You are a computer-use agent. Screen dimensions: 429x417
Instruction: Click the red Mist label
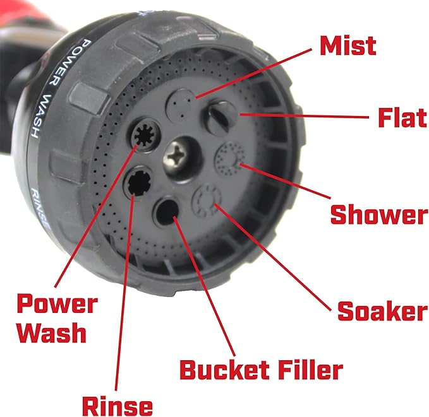348,46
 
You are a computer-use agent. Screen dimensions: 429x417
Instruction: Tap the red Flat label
402,117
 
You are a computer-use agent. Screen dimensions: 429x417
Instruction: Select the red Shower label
379,214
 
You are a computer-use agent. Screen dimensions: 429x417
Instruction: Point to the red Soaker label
382,311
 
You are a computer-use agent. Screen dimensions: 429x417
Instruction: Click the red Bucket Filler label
262,370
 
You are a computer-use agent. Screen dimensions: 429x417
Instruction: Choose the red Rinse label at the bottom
118,406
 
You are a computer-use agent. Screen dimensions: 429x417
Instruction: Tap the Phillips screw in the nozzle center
179,156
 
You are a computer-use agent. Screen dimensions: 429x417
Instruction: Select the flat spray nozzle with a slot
219,117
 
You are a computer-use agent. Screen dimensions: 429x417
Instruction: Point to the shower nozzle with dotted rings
230,158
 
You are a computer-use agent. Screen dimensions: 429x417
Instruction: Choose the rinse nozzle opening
138,182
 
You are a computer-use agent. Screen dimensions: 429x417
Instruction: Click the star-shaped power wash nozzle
144,134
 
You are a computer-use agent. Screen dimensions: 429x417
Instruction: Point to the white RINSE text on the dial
40,208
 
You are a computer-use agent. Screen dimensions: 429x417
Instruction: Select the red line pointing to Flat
305,116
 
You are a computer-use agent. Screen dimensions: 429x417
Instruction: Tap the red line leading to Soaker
273,257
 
